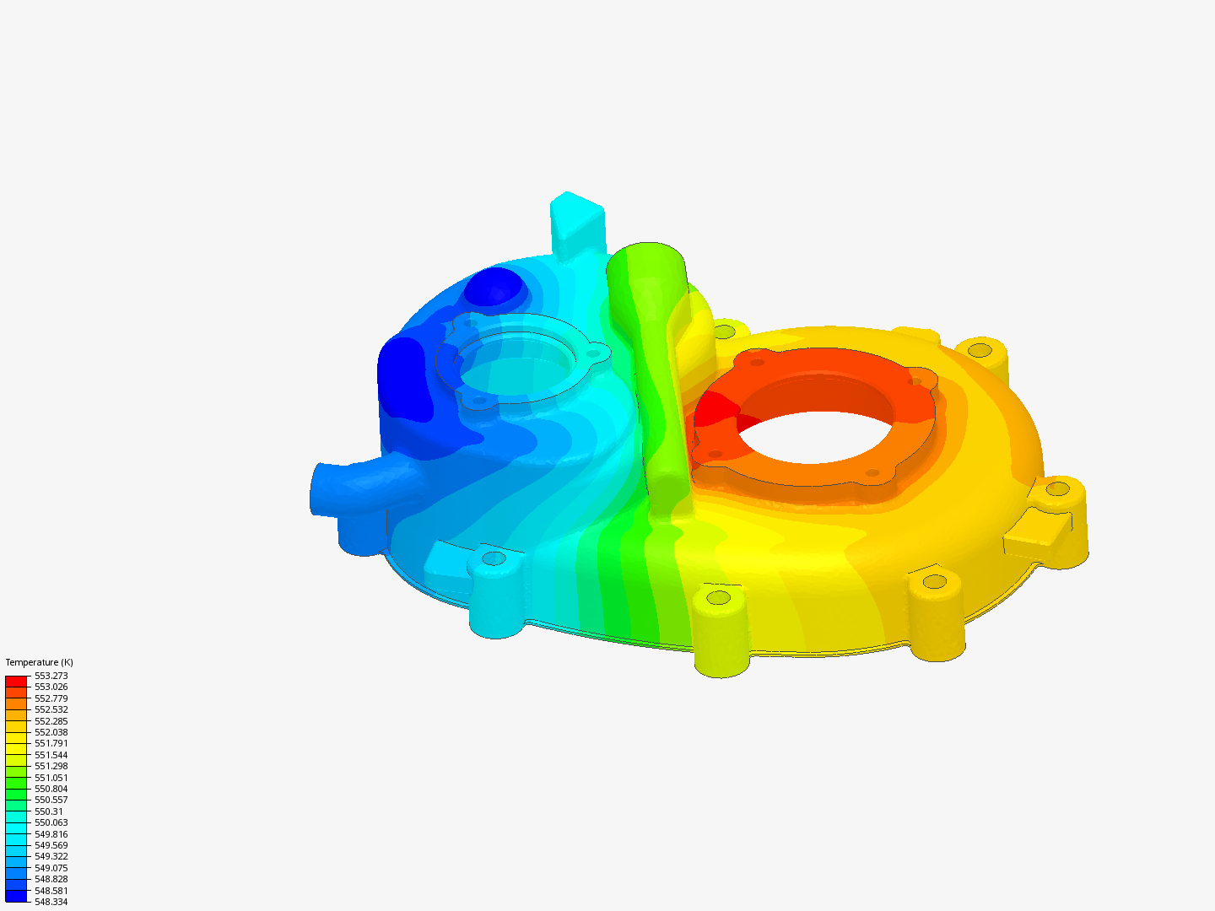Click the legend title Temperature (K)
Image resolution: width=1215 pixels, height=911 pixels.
click(39, 662)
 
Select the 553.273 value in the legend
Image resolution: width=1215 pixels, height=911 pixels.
click(51, 676)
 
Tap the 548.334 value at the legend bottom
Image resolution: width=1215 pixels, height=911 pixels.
click(51, 902)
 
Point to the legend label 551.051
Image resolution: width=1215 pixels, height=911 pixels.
click(51, 778)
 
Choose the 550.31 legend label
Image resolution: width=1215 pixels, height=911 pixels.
click(48, 811)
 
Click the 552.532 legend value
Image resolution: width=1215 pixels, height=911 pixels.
click(51, 709)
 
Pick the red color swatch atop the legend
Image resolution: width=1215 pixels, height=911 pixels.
click(16, 681)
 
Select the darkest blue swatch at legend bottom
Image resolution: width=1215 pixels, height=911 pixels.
click(16, 896)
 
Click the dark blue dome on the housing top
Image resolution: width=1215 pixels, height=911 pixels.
click(494, 287)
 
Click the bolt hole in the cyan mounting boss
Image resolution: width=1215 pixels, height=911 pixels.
click(494, 558)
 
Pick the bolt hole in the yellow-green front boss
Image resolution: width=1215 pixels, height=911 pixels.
click(718, 597)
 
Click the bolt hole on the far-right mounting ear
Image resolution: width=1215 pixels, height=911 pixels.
click(1057, 489)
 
